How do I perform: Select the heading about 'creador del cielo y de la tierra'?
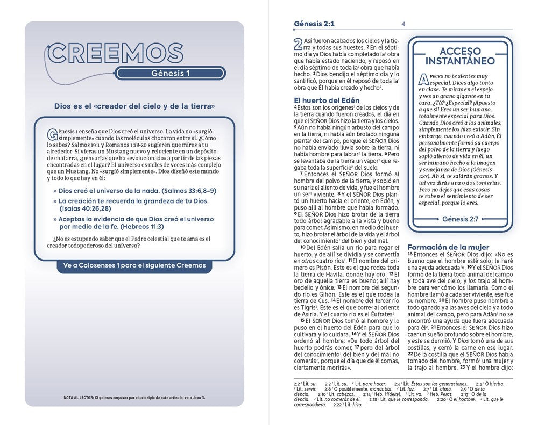pyautogui.click(x=135, y=107)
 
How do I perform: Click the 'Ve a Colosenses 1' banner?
pyautogui.click(x=134, y=265)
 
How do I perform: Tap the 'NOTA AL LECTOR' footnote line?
pyautogui.click(x=134, y=398)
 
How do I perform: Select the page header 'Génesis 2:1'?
pyautogui.click(x=314, y=24)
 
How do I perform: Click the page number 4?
pyautogui.click(x=403, y=24)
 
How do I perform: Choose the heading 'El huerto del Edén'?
pyautogui.click(x=327, y=100)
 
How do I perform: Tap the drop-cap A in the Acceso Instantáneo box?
pyautogui.click(x=425, y=80)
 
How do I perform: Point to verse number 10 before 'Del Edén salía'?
pyautogui.click(x=303, y=247)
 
